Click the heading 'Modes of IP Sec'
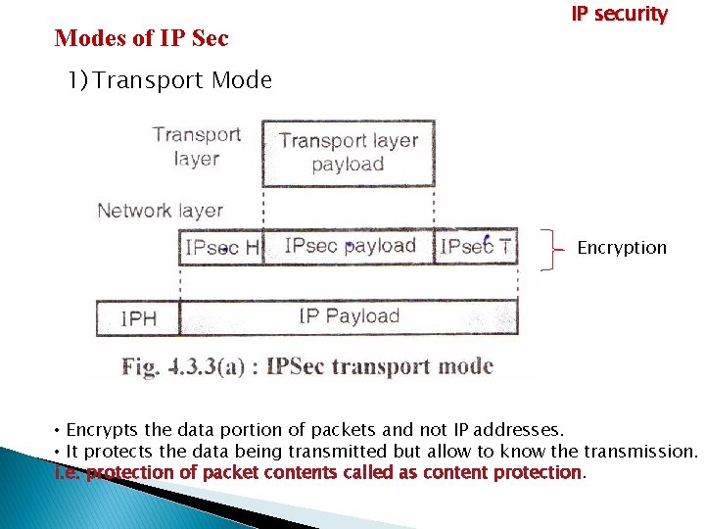pyautogui.click(x=142, y=38)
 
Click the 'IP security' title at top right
pyautogui.click(x=619, y=15)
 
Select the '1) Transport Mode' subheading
pyautogui.click(x=169, y=80)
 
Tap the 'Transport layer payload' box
pyautogui.click(x=349, y=152)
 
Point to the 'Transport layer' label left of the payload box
pyautogui.click(x=196, y=146)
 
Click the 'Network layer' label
pyautogui.click(x=161, y=210)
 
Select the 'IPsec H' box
pyautogui.click(x=222, y=247)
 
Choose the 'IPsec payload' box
pyautogui.click(x=350, y=246)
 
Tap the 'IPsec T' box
pyautogui.click(x=475, y=246)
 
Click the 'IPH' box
pyautogui.click(x=138, y=317)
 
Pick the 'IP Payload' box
pyautogui.click(x=349, y=315)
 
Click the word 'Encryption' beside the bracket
pyautogui.click(x=622, y=248)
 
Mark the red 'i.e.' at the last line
pyautogui.click(x=69, y=473)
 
